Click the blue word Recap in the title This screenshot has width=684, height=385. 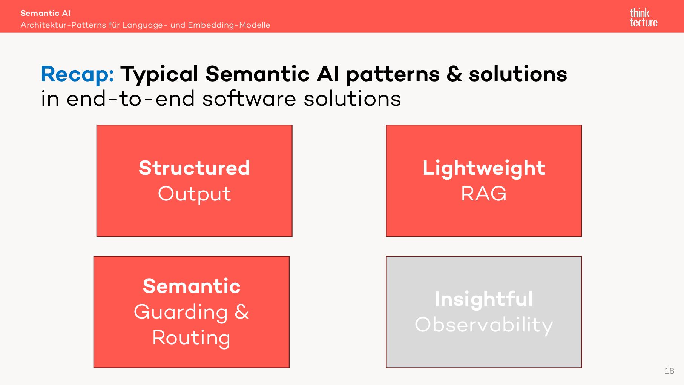click(x=77, y=74)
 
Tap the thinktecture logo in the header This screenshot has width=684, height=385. click(x=643, y=18)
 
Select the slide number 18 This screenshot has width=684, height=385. click(x=669, y=371)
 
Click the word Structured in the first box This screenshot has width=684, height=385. click(x=194, y=168)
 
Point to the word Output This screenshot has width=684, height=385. click(x=194, y=194)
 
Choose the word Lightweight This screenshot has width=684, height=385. click(x=484, y=168)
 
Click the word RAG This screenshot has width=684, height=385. click(x=484, y=194)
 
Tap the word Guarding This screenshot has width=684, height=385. click(x=181, y=312)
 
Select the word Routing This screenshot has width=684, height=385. click(x=191, y=337)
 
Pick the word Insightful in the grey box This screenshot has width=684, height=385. click(x=484, y=299)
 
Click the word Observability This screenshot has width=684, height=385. click(x=484, y=325)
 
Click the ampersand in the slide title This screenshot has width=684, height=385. click(x=454, y=74)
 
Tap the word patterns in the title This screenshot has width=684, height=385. click(x=393, y=75)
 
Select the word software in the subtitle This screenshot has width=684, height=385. click(x=249, y=99)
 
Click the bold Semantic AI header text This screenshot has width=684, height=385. click(x=45, y=13)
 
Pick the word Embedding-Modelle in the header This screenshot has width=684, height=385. click(x=229, y=25)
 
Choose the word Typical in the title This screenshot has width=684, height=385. click(x=159, y=75)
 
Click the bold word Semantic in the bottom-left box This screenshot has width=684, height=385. click(x=192, y=286)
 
